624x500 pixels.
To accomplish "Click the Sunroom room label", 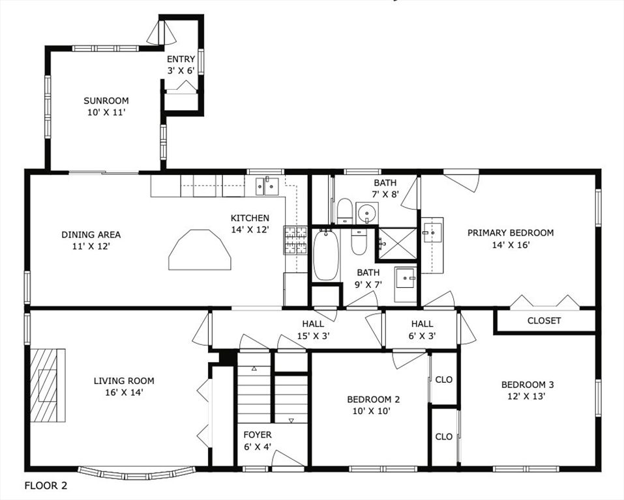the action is pos(106,100).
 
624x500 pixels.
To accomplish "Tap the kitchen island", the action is pos(200,250).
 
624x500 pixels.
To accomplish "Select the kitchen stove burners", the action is pos(295,240).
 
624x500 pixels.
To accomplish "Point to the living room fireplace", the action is pos(48,385).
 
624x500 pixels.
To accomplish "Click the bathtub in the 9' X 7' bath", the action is pos(326,255).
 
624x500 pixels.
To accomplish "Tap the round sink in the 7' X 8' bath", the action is pos(366,213).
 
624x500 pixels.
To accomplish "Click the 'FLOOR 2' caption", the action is pos(46,485).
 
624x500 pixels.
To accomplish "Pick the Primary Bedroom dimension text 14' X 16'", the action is pos(511,245).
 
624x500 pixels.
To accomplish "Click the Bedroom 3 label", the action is pos(527,384).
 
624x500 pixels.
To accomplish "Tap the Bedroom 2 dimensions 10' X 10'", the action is pos(371,411).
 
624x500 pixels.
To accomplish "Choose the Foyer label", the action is pos(258,435).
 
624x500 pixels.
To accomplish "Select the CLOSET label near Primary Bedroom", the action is pos(544,320).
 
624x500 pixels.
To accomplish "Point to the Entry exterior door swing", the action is pos(161,33).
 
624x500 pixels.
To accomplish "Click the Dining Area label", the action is pos(91,234).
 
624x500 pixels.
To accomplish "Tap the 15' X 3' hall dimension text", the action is pos(314,336).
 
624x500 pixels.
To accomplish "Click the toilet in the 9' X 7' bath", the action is pos(359,242).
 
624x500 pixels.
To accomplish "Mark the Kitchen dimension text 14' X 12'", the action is pos(250,230).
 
